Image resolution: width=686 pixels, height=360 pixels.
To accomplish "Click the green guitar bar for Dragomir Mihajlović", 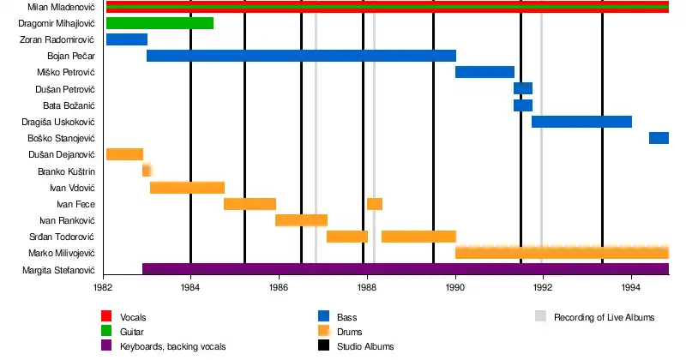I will pos(159,23).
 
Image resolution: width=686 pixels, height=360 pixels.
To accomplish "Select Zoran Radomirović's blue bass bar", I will pos(127,39).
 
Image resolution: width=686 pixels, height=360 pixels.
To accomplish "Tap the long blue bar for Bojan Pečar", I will pos(301,56).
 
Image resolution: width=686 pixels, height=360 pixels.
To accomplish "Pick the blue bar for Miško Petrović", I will pos(484,72).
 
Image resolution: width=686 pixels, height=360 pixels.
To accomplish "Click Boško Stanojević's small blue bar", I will pos(659,138).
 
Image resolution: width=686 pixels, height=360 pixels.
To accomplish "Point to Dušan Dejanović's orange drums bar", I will pos(124,154).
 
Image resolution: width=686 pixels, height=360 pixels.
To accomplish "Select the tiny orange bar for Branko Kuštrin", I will pos(147,171).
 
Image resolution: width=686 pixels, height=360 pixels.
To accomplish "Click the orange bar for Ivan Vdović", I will pos(187,188).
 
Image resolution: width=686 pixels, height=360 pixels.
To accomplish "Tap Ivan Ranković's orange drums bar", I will pos(301,220).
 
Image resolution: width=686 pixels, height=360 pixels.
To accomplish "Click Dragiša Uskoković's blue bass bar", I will pos(581,122).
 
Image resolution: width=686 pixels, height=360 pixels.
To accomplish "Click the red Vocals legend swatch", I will pos(107,317).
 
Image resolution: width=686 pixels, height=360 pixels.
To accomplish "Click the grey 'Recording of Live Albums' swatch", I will pos(540,317).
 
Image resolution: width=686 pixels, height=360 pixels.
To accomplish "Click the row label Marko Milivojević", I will pos(61,254).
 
